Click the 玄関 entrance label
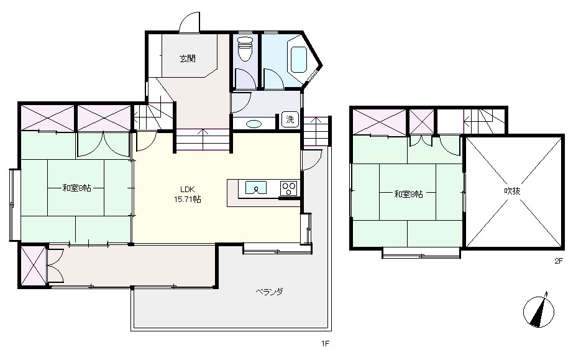[188, 58]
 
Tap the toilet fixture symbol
[244, 48]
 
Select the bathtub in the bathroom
[299, 59]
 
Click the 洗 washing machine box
[290, 119]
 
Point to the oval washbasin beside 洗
[254, 124]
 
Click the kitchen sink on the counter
[255, 188]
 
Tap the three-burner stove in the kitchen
[289, 188]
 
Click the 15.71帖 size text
[188, 200]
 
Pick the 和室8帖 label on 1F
[76, 188]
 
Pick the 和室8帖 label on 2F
[408, 194]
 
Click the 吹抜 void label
[513, 191]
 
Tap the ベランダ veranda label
[270, 292]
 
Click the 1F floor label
[325, 344]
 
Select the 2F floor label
[559, 261]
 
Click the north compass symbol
[539, 311]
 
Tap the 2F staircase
[484, 121]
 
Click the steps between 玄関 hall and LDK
[203, 139]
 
